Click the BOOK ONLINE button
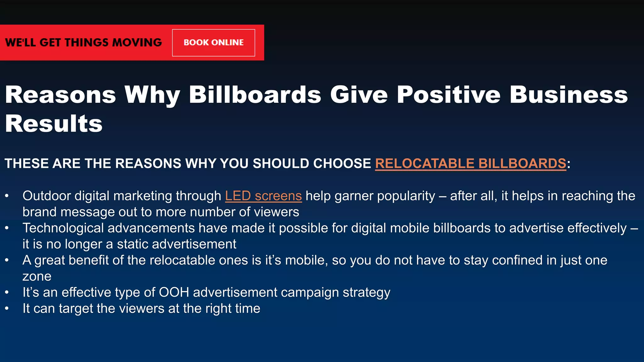[214, 43]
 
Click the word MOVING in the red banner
[137, 43]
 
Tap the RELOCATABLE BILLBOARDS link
[470, 164]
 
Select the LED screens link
[263, 196]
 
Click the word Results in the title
[54, 124]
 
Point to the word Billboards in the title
[255, 95]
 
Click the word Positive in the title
[449, 95]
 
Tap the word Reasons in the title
[61, 95]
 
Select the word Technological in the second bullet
[63, 228]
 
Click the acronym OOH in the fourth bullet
[174, 293]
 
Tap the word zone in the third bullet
[37, 277]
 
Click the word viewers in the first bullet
[276, 212]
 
